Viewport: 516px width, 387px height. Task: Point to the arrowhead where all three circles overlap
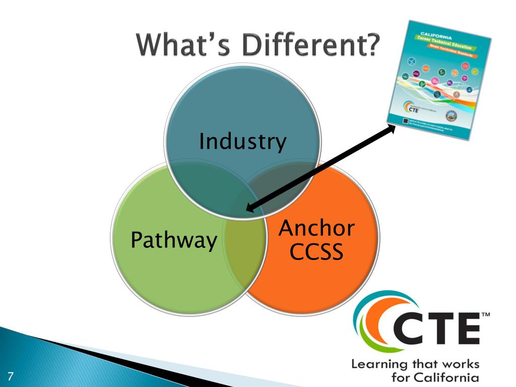point(249,208)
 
